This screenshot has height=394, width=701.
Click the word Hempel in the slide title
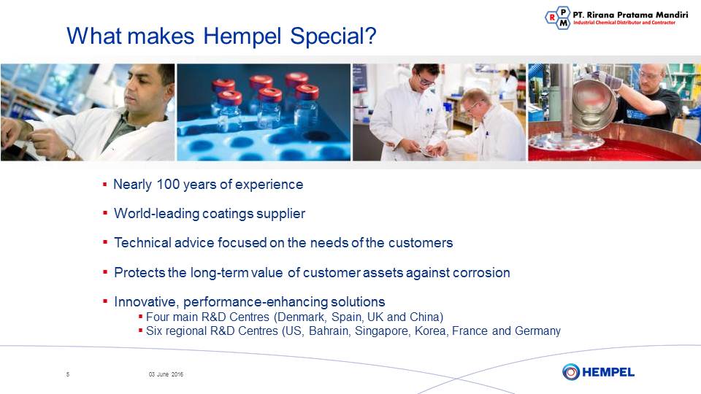[242, 36]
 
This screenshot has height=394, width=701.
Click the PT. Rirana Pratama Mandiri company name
[630, 15]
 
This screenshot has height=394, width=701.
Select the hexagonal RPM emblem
[558, 18]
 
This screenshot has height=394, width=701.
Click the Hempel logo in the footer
[598, 371]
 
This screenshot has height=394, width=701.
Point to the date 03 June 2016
[166, 374]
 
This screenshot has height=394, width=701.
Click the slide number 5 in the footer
[68, 374]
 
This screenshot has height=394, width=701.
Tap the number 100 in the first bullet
[168, 184]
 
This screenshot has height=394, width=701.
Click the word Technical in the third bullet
[142, 242]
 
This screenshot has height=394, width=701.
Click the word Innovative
[147, 302]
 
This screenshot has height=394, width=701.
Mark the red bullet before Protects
[105, 271]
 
